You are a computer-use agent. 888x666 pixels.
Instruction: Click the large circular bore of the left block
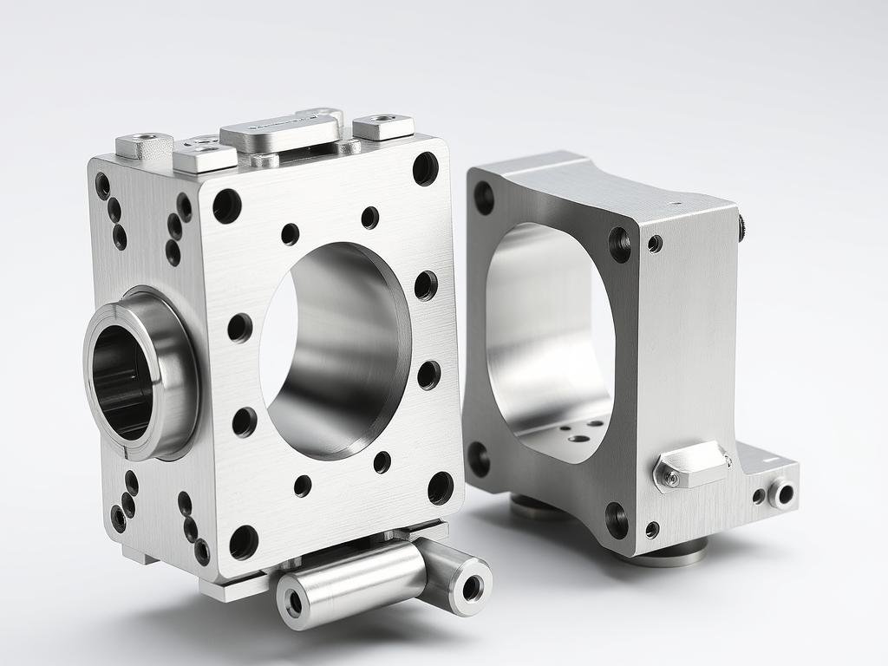click(x=334, y=351)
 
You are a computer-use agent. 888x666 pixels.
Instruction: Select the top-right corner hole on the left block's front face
click(x=425, y=168)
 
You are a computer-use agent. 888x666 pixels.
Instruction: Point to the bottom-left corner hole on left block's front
click(x=244, y=542)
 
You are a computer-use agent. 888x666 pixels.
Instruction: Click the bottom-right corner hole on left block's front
click(x=441, y=488)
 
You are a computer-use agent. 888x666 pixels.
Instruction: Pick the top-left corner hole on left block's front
click(x=227, y=206)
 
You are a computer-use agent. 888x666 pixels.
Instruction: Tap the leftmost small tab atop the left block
click(x=144, y=144)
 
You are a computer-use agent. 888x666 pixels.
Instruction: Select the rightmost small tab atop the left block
click(x=382, y=127)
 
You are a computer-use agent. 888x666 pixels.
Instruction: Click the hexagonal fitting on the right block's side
click(x=691, y=466)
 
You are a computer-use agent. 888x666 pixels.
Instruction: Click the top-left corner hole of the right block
click(x=484, y=198)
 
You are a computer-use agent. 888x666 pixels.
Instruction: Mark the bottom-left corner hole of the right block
click(x=478, y=459)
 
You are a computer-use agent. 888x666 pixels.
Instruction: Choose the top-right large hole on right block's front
click(x=620, y=245)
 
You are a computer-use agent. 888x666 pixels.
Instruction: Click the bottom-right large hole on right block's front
click(x=617, y=520)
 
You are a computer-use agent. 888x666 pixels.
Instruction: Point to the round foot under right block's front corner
click(x=663, y=552)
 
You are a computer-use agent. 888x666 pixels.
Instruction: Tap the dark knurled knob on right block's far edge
click(x=742, y=227)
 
